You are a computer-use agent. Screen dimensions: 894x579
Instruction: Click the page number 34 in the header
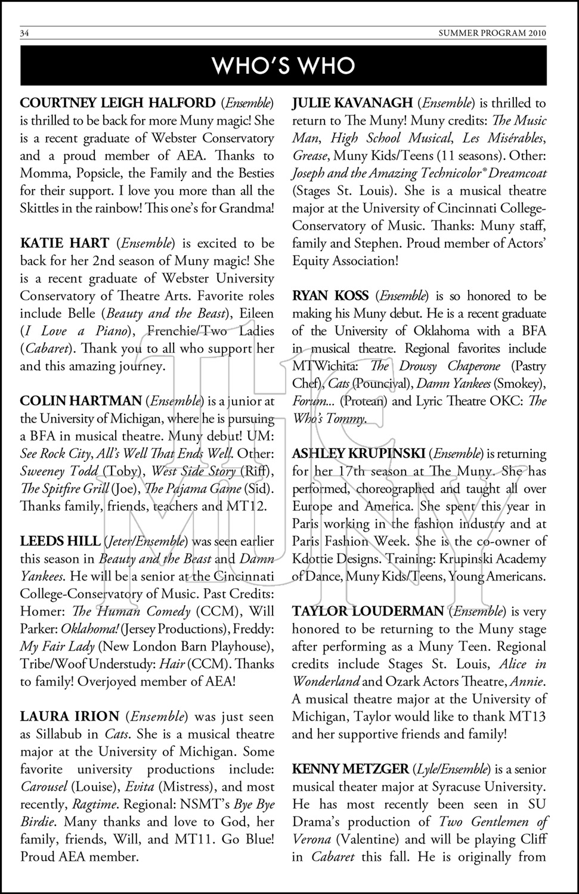pos(24,33)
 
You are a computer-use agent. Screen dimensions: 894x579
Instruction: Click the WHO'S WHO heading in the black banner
pos(284,66)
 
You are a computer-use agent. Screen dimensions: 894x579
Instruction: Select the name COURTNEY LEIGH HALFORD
pos(117,103)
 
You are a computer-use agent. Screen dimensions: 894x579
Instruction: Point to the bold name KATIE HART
pos(64,243)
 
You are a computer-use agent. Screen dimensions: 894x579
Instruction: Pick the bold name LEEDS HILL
pos(60,541)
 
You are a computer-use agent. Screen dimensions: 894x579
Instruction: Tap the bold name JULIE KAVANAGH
pos(352,103)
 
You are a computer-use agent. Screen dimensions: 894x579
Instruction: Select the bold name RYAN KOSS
pos(331,296)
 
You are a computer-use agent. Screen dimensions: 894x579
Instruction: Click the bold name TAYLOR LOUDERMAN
pos(368,611)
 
